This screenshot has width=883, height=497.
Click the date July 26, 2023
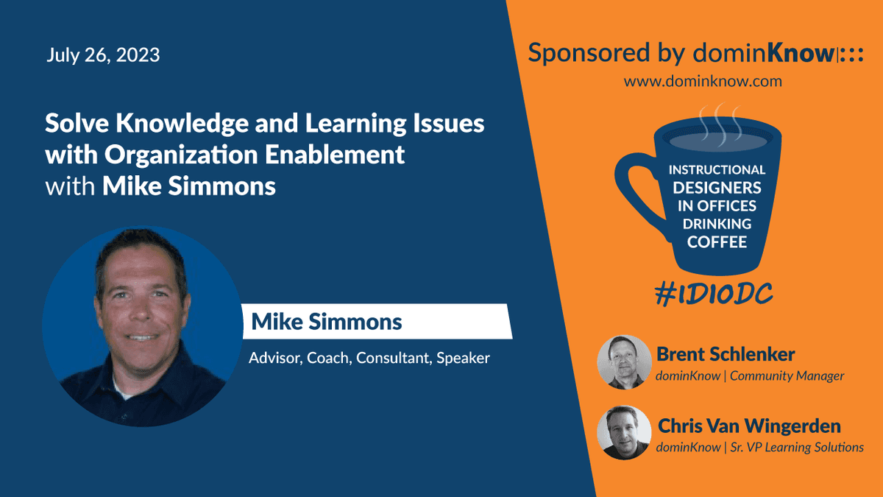coord(103,54)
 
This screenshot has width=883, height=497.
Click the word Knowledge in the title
coord(182,123)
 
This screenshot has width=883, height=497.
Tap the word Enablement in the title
coord(335,154)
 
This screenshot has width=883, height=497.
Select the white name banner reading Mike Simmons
coord(377,322)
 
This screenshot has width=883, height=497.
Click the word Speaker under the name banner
coord(463,359)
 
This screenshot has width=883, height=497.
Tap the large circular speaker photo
coord(143,326)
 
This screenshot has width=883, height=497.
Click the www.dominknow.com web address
coord(703,81)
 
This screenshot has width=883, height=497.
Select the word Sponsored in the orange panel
coord(589,53)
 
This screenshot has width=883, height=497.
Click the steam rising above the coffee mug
coord(720,124)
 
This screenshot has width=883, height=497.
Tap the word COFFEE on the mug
coord(717,242)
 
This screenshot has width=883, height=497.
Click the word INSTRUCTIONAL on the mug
coord(717,169)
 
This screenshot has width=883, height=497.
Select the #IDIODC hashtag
coord(714,295)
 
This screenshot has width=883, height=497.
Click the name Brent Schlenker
coord(726,354)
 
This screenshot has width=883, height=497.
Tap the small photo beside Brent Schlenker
coord(625,362)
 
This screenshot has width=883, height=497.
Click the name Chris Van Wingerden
coord(749,426)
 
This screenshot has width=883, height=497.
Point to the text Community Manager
coord(787,376)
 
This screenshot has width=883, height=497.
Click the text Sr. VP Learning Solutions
coord(797,448)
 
